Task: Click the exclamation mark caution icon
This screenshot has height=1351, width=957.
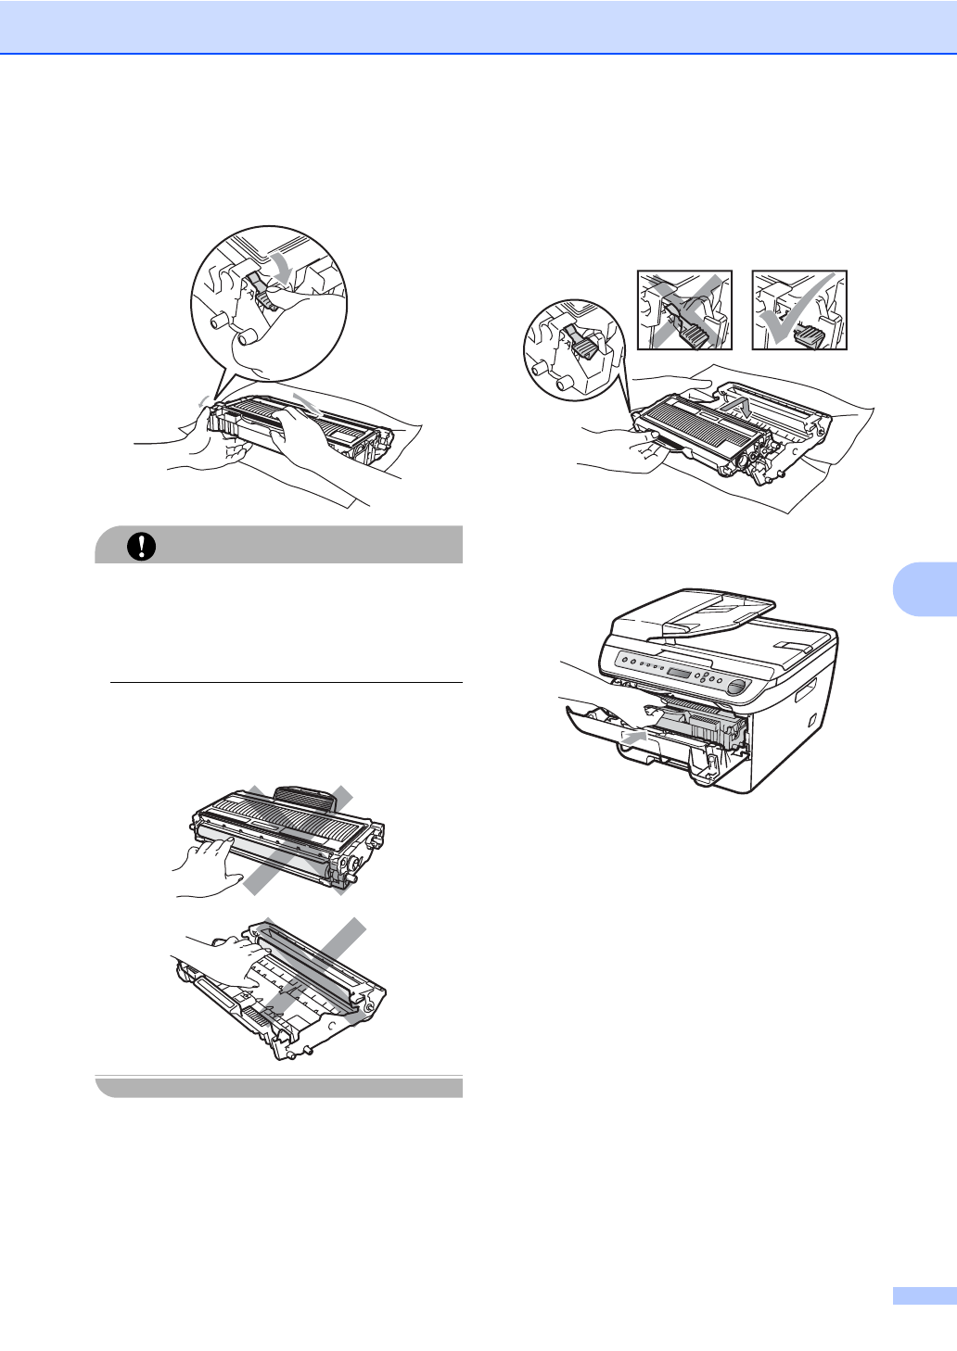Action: click(x=141, y=546)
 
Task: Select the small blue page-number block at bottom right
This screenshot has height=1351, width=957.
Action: click(x=924, y=1295)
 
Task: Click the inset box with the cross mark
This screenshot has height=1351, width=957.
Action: click(x=684, y=310)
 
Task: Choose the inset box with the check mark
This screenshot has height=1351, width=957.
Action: click(x=799, y=310)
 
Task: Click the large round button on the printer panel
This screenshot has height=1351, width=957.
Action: click(x=736, y=687)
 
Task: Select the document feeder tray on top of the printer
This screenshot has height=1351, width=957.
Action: click(x=695, y=616)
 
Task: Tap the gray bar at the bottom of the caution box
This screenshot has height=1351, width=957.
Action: click(x=278, y=1087)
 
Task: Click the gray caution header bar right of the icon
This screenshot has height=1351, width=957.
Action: click(x=306, y=546)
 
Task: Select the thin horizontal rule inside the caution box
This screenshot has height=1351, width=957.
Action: click(x=286, y=683)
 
